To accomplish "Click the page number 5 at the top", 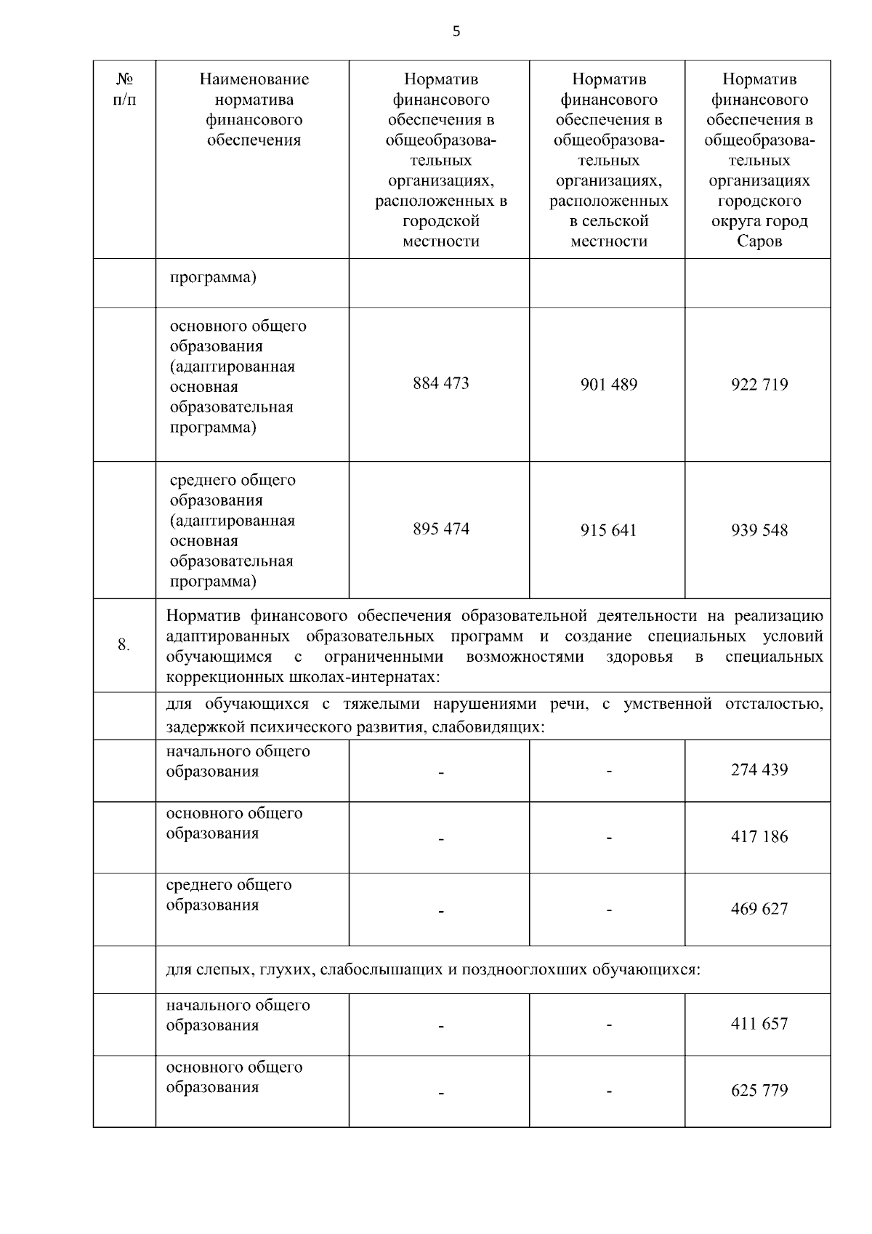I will click(x=456, y=31).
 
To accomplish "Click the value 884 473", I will click(x=440, y=383).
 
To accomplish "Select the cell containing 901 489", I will click(x=608, y=385).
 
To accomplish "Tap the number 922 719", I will click(x=759, y=385).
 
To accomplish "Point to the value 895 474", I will click(x=440, y=529).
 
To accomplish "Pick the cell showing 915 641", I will click(x=608, y=530).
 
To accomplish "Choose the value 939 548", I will click(x=759, y=530).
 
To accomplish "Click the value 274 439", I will click(x=759, y=769).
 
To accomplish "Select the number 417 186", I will click(x=759, y=836).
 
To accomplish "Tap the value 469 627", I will click(x=759, y=908).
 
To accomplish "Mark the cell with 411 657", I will click(x=759, y=1023).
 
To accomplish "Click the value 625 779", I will click(x=759, y=1090).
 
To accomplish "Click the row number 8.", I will click(x=124, y=644).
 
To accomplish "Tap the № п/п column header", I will click(x=124, y=89).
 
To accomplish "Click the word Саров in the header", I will click(x=759, y=241).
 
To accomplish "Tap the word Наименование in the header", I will click(x=254, y=79).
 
